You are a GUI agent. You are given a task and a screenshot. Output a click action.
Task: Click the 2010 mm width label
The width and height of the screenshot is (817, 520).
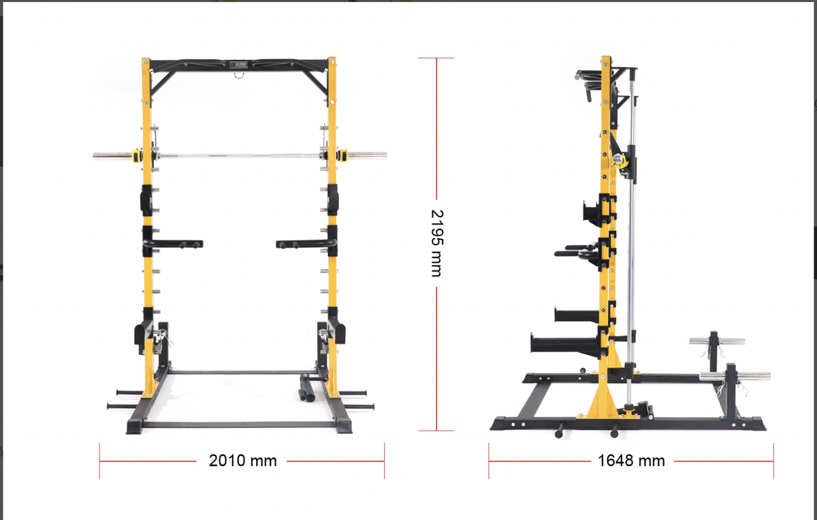(242, 461)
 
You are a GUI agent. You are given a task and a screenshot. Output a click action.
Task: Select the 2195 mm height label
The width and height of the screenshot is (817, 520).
(436, 242)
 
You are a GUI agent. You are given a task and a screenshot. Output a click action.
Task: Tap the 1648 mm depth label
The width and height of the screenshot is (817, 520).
(631, 461)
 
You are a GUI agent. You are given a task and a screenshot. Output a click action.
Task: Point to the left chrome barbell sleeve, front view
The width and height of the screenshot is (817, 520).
(112, 155)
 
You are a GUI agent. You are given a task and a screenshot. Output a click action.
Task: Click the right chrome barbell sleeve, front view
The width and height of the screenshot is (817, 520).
(368, 155)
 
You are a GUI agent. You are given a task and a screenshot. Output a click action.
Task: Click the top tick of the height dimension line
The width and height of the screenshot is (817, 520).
(436, 58)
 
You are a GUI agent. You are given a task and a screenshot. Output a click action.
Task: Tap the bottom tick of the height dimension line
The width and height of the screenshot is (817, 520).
(436, 430)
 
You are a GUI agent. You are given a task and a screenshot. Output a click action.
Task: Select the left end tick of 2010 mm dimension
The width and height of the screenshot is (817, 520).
(100, 461)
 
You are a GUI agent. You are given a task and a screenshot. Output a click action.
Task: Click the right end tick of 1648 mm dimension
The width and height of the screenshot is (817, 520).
(773, 461)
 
